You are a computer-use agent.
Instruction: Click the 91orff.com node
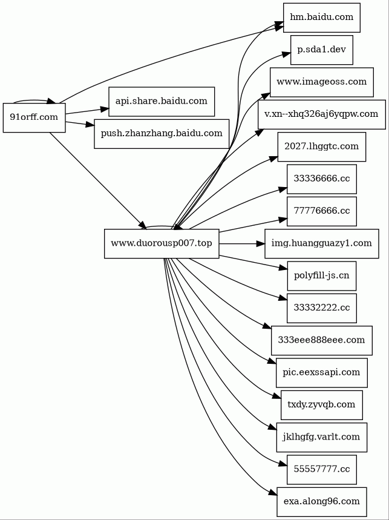[34, 117]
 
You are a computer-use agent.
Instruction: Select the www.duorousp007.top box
[162, 243]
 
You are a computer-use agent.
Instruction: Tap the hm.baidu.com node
[321, 18]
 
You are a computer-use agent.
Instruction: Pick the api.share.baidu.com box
[162, 102]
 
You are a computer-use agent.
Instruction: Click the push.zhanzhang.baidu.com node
[162, 134]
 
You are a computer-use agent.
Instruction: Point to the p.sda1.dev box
[322, 50]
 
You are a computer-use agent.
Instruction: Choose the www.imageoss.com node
[322, 82]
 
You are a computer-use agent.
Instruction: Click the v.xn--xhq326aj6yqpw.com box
[322, 114]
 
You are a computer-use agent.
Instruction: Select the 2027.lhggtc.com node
[322, 146]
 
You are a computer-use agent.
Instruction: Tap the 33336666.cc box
[322, 179]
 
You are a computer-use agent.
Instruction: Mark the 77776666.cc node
[322, 211]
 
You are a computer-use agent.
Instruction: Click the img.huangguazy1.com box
[322, 243]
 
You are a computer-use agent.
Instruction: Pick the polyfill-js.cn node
[322, 275]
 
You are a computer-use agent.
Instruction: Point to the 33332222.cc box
[322, 308]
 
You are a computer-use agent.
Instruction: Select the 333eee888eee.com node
[322, 340]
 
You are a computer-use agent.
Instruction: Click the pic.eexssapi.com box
[322, 372]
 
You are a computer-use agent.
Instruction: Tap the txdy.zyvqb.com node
[322, 405]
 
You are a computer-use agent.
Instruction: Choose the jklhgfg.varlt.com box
[322, 437]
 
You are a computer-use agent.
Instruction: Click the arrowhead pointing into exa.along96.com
[273, 494]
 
